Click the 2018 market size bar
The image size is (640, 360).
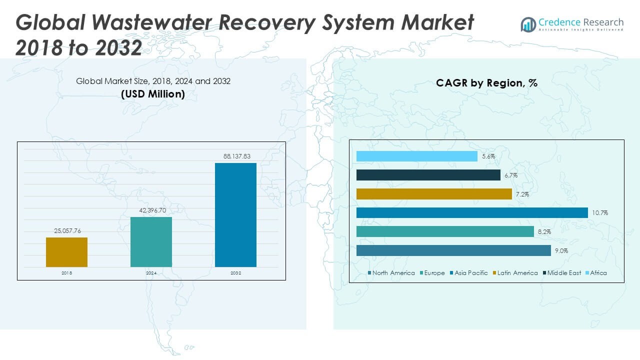(66, 252)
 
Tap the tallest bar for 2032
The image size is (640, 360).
(235, 214)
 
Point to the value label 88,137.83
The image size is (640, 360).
(236, 156)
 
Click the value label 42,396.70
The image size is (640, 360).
(151, 210)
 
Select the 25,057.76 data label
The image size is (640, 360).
(67, 230)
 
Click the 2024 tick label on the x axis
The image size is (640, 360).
(151, 273)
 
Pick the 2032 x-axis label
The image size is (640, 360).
(235, 273)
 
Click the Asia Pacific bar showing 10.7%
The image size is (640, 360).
(472, 213)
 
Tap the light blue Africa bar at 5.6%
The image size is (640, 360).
(417, 156)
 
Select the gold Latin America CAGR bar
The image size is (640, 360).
(434, 194)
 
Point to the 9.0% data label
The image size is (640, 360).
(560, 251)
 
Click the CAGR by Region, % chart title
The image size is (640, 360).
(486, 83)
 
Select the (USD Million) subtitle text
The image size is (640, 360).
(153, 94)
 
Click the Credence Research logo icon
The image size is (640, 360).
(528, 24)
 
